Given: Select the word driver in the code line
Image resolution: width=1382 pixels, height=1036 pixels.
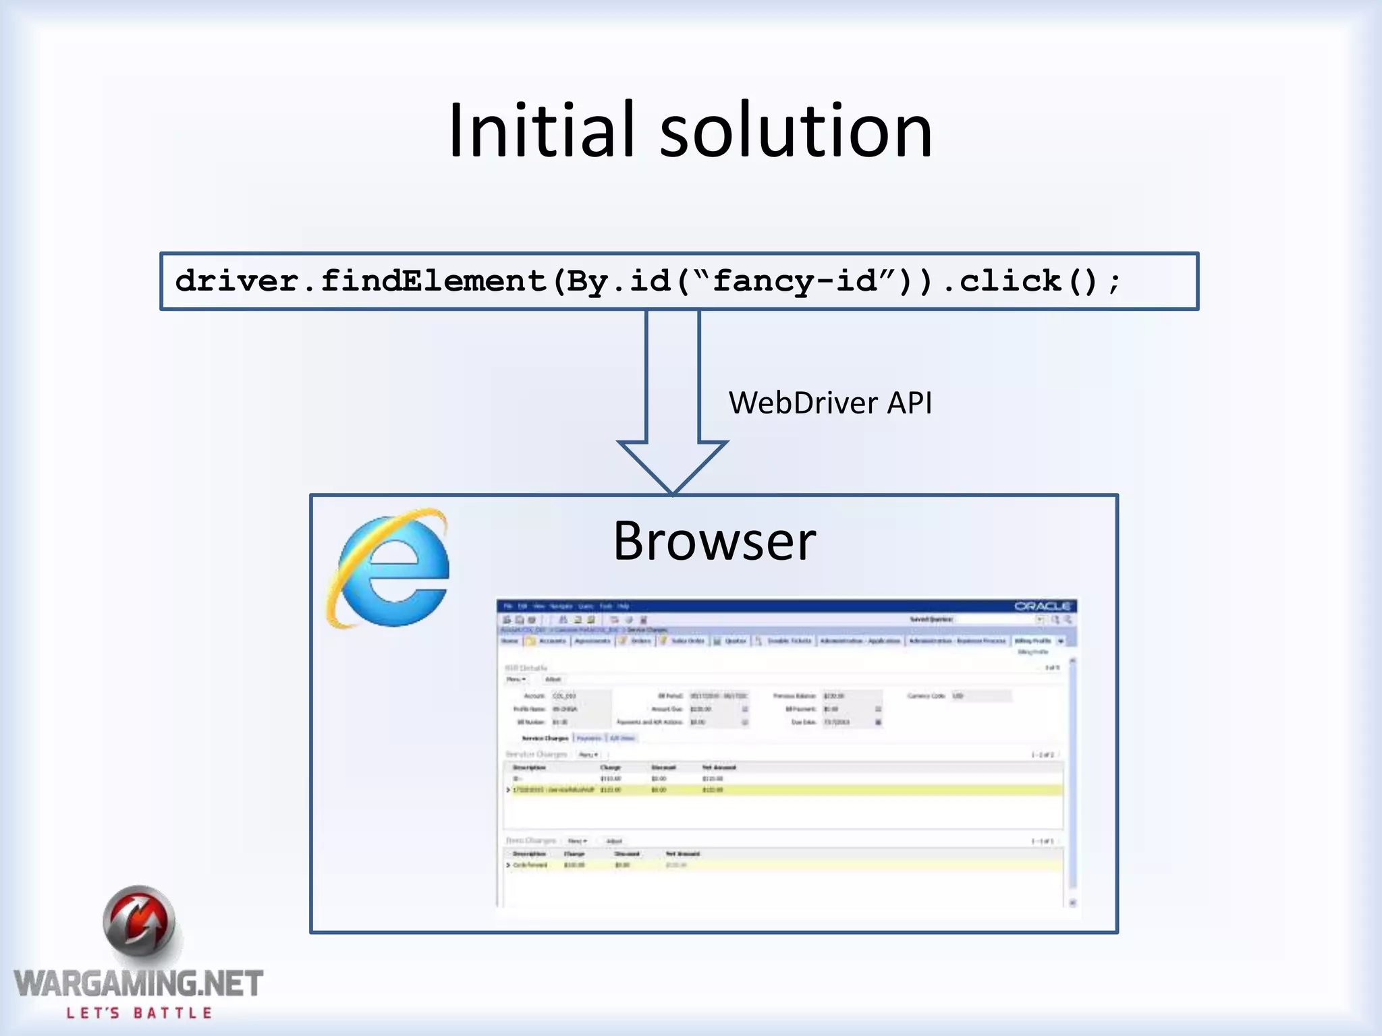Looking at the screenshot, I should [x=237, y=281].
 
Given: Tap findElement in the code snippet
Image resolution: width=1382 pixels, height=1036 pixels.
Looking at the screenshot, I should [x=433, y=281].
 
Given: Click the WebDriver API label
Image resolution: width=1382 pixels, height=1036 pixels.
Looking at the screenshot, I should [x=830, y=403].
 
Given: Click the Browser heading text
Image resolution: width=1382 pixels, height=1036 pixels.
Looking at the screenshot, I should [x=714, y=541].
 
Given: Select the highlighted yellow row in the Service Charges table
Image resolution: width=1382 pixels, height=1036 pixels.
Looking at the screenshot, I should [x=783, y=790].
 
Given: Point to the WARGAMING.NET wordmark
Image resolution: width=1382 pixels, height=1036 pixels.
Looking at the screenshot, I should [x=138, y=984].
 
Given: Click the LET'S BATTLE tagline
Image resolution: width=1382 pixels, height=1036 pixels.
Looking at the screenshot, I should [x=139, y=1013].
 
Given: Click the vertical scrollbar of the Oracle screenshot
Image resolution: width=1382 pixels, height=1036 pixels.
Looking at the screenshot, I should [x=1072, y=782].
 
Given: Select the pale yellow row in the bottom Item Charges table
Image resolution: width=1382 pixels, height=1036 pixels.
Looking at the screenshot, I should [x=783, y=865].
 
